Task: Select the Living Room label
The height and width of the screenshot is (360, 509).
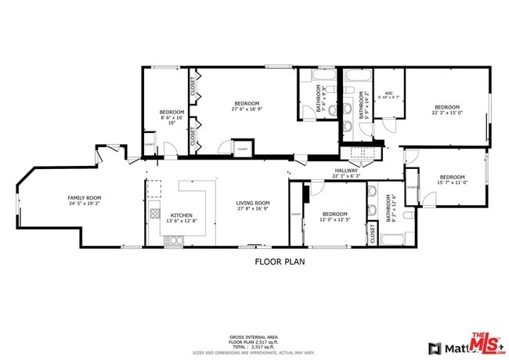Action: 252,206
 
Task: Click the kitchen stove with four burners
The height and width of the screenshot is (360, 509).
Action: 155,214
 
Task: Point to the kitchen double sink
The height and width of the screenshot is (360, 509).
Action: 173,241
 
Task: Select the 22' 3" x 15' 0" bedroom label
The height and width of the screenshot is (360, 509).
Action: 446,109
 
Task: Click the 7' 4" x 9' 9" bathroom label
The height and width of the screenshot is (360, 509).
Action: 320,100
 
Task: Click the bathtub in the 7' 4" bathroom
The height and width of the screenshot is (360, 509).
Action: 323,75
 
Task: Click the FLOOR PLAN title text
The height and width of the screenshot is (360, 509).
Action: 280,261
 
